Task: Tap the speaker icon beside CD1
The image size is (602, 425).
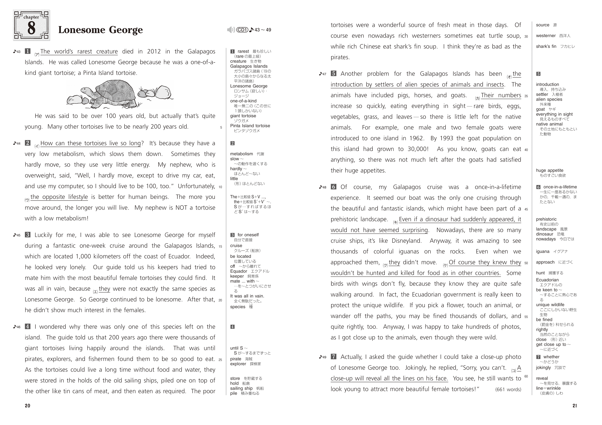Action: coord(231,30)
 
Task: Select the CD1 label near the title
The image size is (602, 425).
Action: coord(242,30)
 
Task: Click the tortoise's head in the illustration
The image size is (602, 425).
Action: coord(85,91)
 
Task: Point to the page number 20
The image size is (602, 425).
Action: coord(28,406)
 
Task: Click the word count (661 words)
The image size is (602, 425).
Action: coord(508,390)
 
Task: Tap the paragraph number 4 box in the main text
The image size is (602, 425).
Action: coord(28,327)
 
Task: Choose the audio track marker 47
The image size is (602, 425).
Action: coord(323,74)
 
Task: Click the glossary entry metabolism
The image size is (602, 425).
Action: coord(241,154)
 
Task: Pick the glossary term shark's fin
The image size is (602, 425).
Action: coord(546,46)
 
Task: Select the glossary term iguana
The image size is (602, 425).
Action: coord(543,251)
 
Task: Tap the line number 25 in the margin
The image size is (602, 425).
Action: coord(220,360)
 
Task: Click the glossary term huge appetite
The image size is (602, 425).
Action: coord(550,171)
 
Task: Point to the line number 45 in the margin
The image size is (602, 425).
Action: coord(526,209)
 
